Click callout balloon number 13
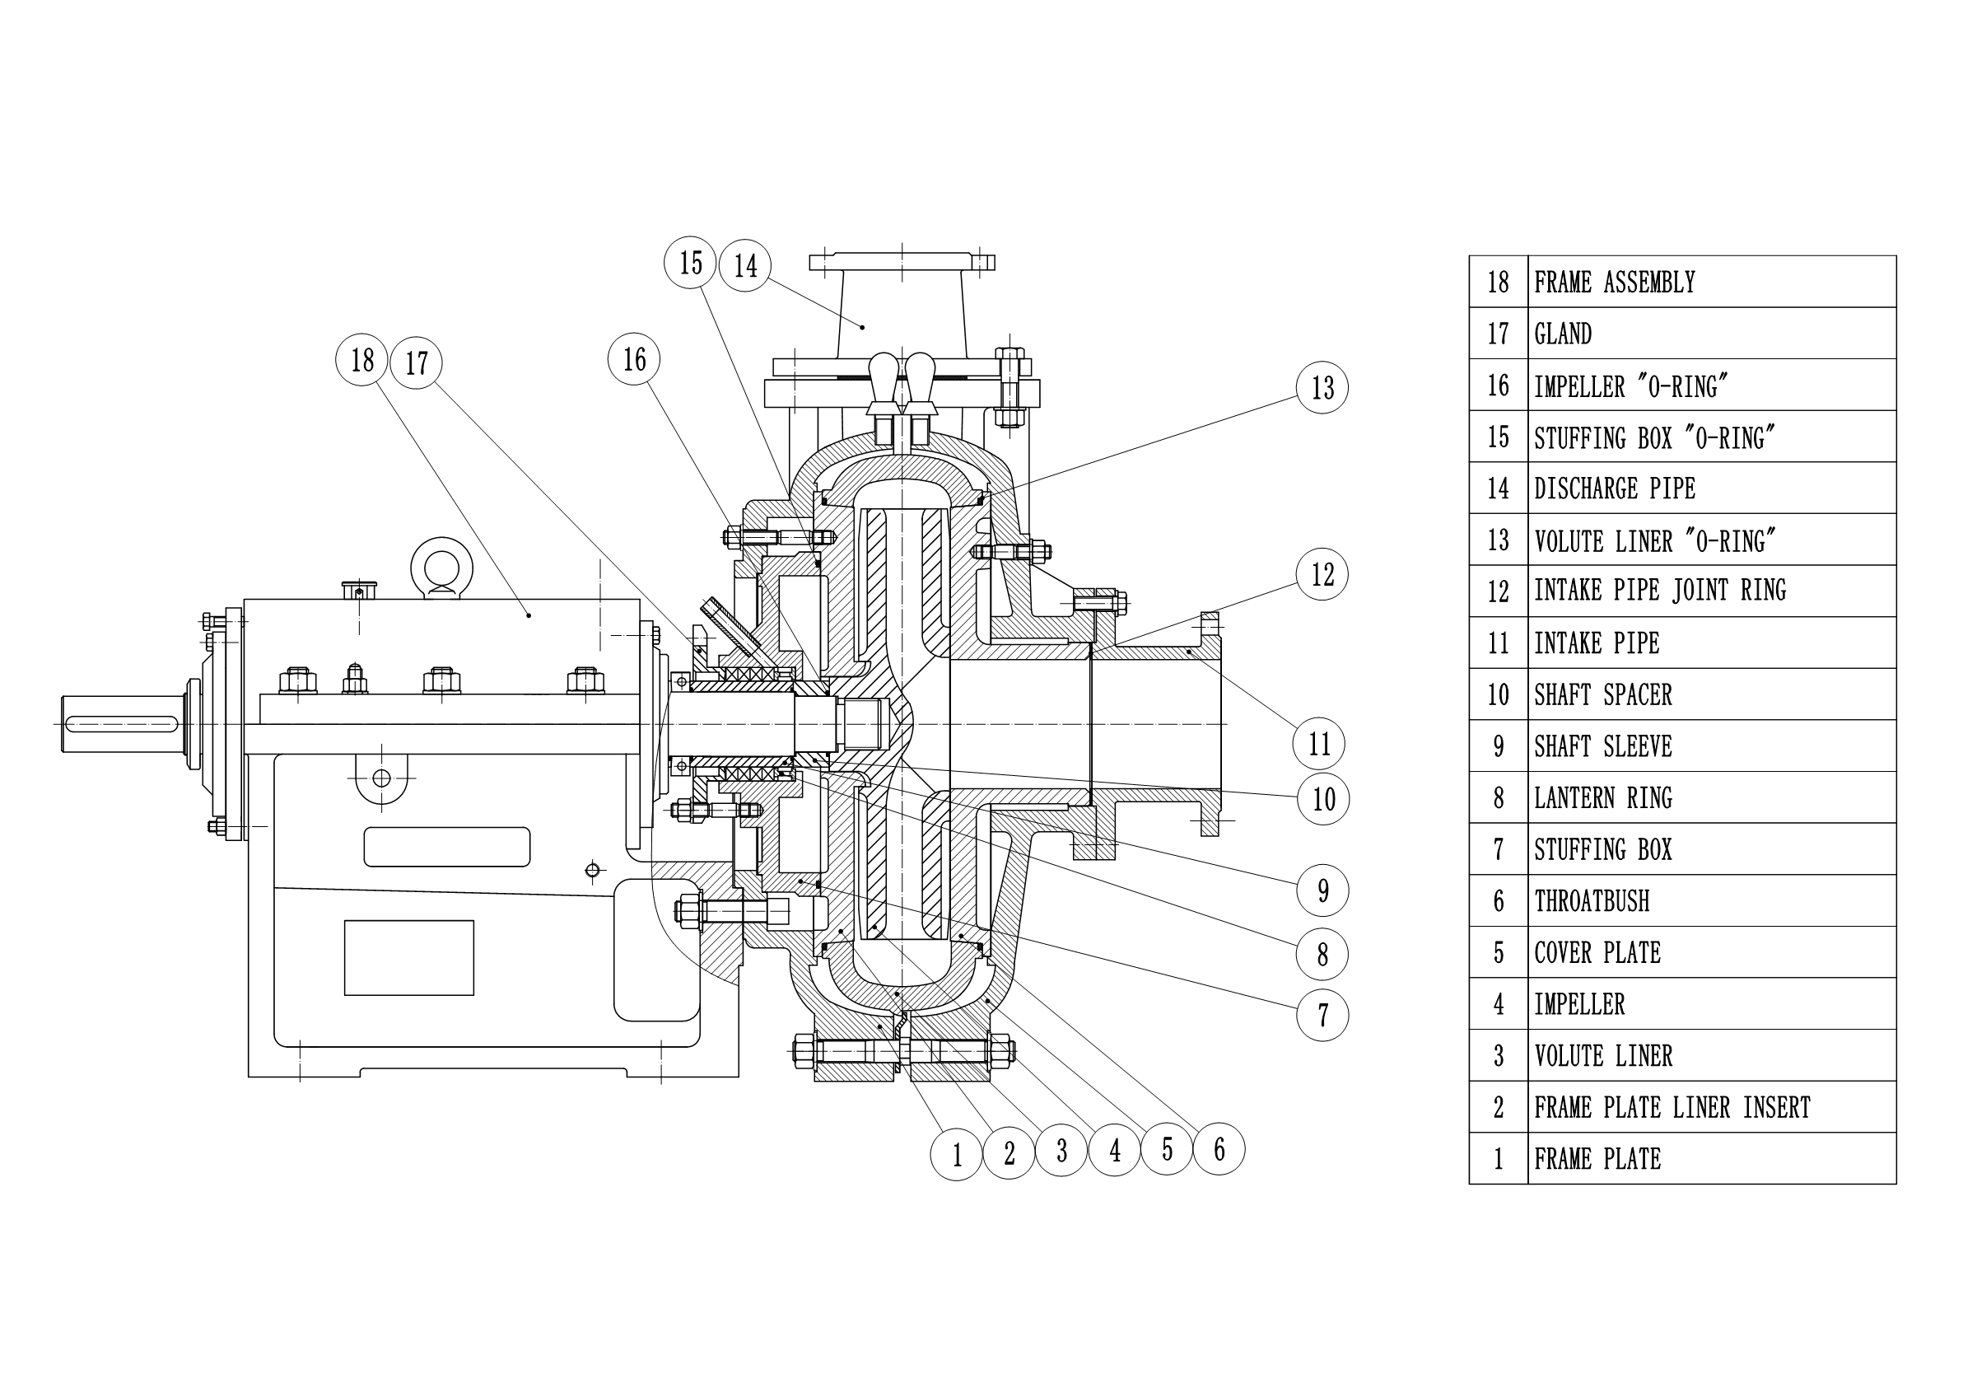(1322, 387)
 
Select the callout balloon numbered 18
(361, 360)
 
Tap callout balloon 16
(633, 359)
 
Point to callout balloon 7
(1322, 1015)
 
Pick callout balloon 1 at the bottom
(956, 1155)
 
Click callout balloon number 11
(1319, 743)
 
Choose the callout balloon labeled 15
(690, 263)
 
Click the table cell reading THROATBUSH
(1591, 900)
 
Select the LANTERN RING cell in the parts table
(1602, 798)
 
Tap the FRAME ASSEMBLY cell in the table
(1614, 283)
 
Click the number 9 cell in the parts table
(1498, 746)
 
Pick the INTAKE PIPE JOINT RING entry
(1659, 591)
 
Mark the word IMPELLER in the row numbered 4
(1579, 1004)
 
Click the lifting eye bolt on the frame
(441, 565)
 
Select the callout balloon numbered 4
(1114, 1150)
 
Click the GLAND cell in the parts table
(1563, 334)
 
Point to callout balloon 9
(1322, 890)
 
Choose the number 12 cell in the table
(1498, 591)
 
